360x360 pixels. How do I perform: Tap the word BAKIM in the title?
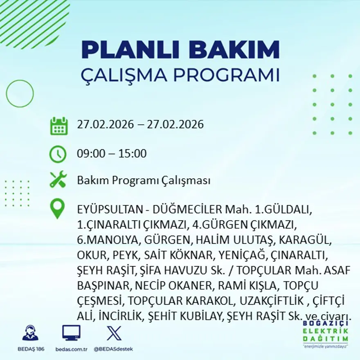point(234,50)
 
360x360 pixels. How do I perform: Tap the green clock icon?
point(58,154)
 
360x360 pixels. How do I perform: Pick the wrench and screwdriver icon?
point(58,180)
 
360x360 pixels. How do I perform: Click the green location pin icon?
point(58,209)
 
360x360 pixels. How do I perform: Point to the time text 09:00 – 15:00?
point(112,154)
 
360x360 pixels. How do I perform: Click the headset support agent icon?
point(30,333)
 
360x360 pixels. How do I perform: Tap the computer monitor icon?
point(71,333)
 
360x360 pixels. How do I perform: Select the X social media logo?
point(114,333)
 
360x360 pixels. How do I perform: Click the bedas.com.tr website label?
point(71,349)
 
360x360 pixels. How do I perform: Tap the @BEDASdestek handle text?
point(113,349)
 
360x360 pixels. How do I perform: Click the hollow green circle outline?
point(20,94)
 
